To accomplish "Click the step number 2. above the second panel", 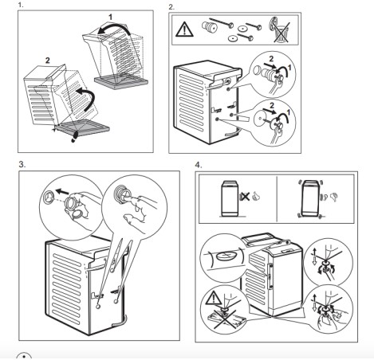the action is [x=171, y=7].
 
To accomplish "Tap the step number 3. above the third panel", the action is [x=22, y=165].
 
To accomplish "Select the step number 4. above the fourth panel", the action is [x=199, y=165].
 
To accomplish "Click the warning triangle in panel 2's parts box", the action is [x=184, y=29].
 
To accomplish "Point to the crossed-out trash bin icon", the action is [x=281, y=29].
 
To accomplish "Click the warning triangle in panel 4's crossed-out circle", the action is [x=215, y=298].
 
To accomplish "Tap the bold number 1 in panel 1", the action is [x=110, y=18].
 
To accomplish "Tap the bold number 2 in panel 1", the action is [x=47, y=61].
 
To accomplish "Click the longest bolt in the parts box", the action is [x=221, y=22].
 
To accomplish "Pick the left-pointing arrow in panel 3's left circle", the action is [x=61, y=191].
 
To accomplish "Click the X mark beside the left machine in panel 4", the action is [x=246, y=197].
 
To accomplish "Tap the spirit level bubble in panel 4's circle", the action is [x=226, y=256].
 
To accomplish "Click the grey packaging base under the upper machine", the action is [x=120, y=80].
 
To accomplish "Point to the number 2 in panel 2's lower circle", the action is [x=272, y=106].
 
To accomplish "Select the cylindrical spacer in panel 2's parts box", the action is [x=210, y=27].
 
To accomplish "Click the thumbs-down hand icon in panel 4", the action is [x=334, y=197].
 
